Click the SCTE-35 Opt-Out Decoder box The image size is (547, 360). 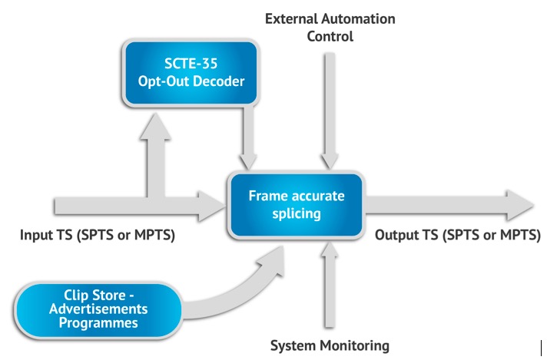191,73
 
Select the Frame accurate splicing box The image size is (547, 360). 297,206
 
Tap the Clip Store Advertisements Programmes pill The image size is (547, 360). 98,309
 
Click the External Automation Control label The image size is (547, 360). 330,28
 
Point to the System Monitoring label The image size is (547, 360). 330,345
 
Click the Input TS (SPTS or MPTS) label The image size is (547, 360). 98,235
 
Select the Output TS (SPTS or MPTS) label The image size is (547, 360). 458,235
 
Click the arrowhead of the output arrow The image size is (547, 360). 520,205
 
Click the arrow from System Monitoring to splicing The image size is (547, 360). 330,285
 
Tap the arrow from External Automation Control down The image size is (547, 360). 330,111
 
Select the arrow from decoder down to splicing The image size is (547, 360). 248,138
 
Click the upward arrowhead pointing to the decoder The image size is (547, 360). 155,126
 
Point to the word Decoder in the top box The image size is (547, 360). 219,81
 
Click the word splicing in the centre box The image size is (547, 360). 297,213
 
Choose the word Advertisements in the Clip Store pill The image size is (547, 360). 98,309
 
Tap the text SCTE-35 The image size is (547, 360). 191,64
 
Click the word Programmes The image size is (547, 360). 98,323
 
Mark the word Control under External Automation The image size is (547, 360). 330,36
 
